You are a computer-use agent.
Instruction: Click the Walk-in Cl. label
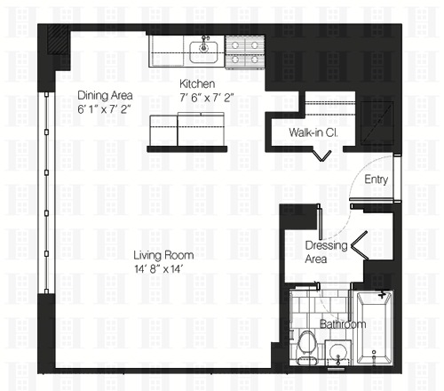(310, 133)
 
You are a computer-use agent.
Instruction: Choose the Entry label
(376, 180)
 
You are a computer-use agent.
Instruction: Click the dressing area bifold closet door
(362, 243)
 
